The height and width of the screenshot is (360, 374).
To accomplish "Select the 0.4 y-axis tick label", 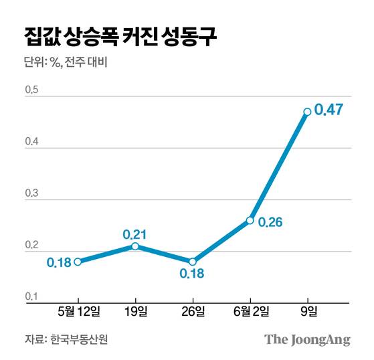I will pos(31,143).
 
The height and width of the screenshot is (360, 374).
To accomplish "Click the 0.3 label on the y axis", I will pos(31,194).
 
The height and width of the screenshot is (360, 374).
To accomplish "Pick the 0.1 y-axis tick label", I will pos(31,297).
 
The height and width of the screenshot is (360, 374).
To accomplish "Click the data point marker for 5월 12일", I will pos(78,262).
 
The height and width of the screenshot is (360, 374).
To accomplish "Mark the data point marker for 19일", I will pos(136,246).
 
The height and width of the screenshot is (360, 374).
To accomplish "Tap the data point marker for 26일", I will pos(193,262).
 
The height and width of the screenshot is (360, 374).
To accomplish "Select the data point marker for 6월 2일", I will pos(250,220).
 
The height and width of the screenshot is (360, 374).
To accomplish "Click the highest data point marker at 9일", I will pos(307,112).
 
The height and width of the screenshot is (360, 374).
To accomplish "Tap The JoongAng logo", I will pos(307,339).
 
